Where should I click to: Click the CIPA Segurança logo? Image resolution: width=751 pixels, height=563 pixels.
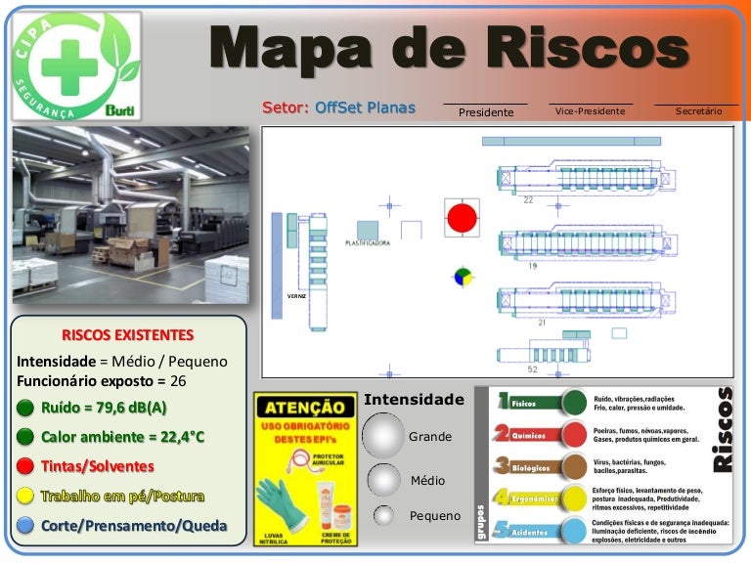click(76, 65)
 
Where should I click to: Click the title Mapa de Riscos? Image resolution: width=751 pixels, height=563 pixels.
click(449, 45)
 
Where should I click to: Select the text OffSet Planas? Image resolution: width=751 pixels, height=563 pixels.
click(365, 108)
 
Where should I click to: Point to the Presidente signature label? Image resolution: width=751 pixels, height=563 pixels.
click(486, 112)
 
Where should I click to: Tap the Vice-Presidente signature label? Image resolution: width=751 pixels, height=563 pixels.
click(590, 111)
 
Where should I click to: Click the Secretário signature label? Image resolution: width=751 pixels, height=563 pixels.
click(698, 111)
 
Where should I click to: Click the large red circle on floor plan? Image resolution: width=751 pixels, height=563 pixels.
click(463, 217)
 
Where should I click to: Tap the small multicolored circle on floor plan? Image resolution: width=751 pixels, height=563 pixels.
click(463, 277)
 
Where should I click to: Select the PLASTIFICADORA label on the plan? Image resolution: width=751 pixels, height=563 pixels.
click(368, 242)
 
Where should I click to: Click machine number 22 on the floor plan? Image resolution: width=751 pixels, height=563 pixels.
click(528, 199)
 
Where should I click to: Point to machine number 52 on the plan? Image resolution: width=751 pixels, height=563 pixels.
click(532, 369)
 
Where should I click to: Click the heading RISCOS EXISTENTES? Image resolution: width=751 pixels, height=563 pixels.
click(127, 334)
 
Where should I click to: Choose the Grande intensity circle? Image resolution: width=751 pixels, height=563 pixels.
click(383, 435)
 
